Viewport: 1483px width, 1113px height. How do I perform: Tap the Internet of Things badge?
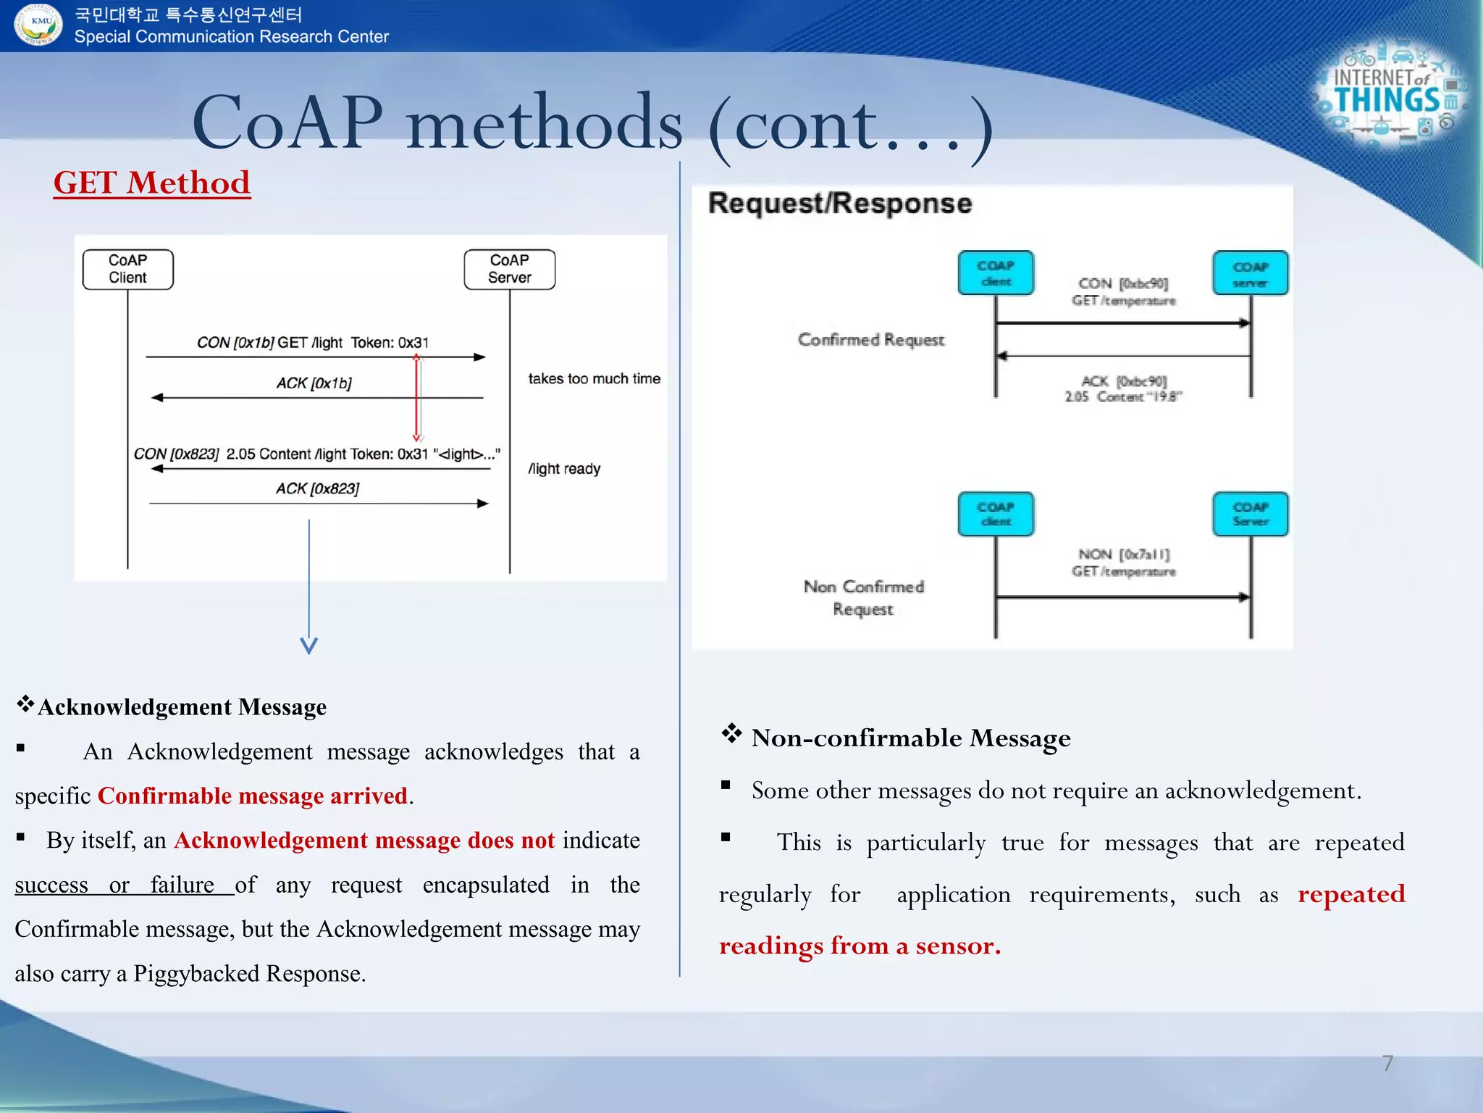[x=1389, y=95]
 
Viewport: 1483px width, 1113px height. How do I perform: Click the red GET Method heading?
[x=152, y=183]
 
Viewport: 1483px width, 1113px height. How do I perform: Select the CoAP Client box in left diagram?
[x=127, y=270]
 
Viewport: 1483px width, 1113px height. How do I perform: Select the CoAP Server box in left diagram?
[x=509, y=270]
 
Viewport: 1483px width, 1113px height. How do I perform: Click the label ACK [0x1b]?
[x=314, y=383]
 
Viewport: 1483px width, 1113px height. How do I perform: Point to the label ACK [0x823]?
[x=317, y=489]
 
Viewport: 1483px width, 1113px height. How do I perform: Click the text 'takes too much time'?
[x=594, y=379]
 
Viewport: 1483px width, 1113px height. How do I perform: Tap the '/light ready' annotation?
[x=564, y=469]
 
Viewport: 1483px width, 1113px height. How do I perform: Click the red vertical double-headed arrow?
[x=417, y=399]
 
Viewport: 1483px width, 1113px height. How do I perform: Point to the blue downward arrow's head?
[x=309, y=646]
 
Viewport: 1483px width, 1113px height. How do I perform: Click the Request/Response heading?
[x=839, y=204]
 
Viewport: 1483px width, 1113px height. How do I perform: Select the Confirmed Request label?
[x=871, y=340]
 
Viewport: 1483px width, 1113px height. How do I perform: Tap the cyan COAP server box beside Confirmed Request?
[x=1250, y=273]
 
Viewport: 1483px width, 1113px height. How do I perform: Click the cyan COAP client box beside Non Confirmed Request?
[x=996, y=514]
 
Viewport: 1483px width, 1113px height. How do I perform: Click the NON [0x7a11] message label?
[x=1124, y=554]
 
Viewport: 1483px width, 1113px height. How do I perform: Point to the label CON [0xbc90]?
[x=1123, y=283]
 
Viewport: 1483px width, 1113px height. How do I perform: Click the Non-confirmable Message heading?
[x=910, y=738]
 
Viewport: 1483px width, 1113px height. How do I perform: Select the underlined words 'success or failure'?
[x=124, y=885]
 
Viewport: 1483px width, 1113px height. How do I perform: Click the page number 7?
[x=1387, y=1063]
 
